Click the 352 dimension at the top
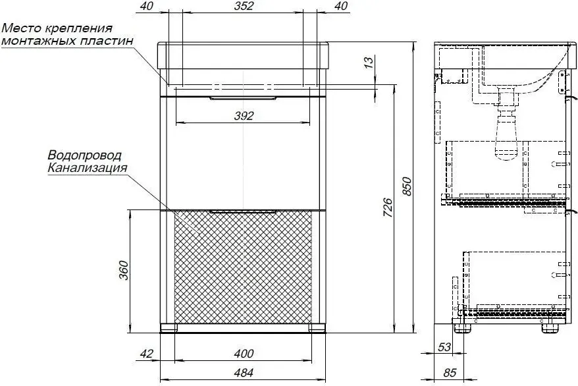[x=244, y=7]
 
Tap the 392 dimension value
[x=244, y=116]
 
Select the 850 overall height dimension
[x=406, y=186]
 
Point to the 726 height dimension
[x=388, y=207]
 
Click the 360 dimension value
[x=124, y=270]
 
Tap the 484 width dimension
[x=244, y=373]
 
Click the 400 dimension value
[x=244, y=354]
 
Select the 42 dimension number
[x=146, y=354]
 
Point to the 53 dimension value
[x=444, y=347]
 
